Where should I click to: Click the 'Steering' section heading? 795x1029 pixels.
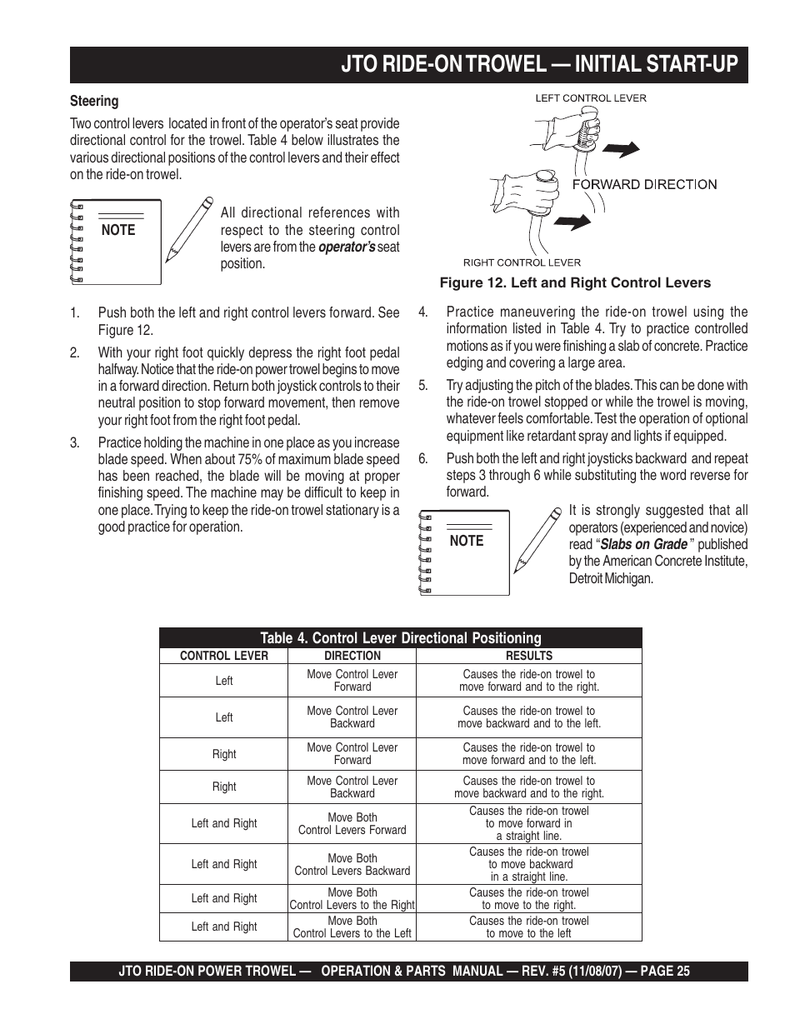[94, 102]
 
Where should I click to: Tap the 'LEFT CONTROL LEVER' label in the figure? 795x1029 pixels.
[590, 98]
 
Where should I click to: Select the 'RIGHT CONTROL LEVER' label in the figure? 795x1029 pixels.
[522, 262]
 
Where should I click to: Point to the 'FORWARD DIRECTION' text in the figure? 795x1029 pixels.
[643, 184]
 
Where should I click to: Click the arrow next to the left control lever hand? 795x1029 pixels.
[621, 149]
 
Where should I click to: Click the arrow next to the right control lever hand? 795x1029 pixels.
[575, 222]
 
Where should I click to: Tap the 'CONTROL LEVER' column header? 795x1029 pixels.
[224, 656]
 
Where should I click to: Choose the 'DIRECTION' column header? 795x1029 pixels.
[352, 656]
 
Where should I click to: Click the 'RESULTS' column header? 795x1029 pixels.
[529, 656]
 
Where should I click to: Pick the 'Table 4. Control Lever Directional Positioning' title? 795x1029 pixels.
[401, 638]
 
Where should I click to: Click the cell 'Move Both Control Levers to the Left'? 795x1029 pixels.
[352, 927]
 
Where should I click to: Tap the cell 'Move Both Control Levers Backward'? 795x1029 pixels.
[352, 864]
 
